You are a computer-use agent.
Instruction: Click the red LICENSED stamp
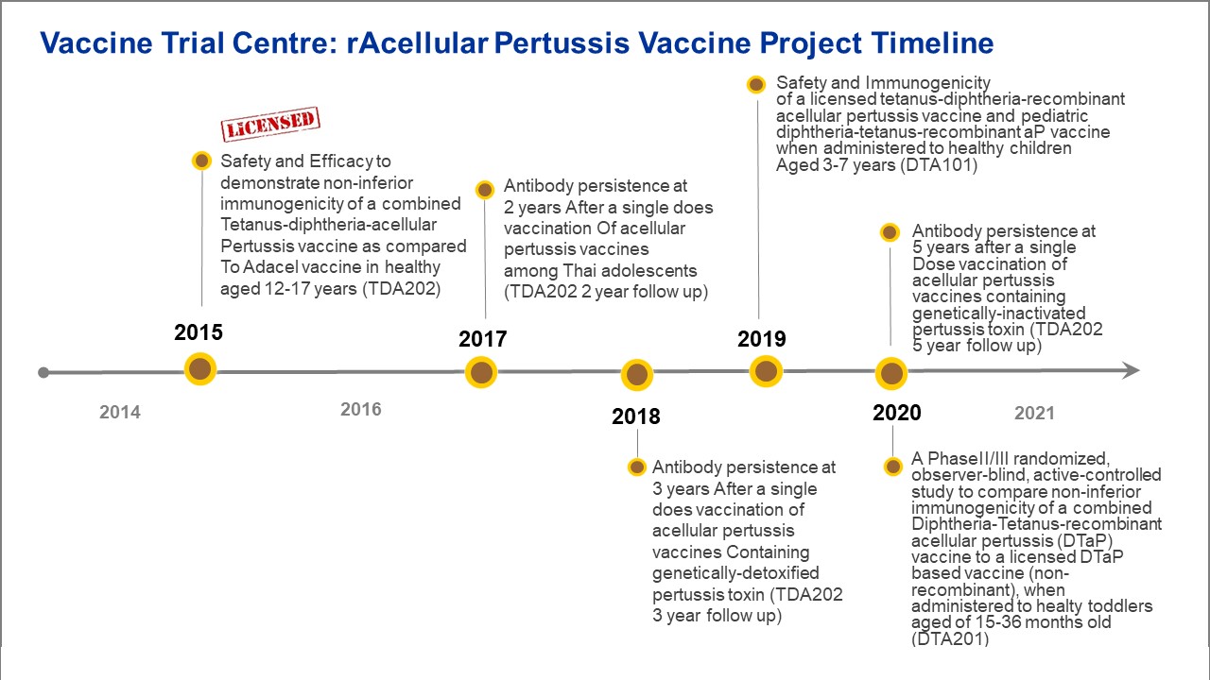pos(270,124)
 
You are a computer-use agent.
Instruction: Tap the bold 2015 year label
pos(199,332)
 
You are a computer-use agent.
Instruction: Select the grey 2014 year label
pos(120,413)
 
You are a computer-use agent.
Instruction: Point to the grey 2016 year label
pos(361,410)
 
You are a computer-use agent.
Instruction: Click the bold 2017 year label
pos(483,339)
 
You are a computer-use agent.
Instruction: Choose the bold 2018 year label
pos(636,416)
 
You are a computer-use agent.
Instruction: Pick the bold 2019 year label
pos(762,339)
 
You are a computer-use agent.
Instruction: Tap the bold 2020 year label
pos(897,413)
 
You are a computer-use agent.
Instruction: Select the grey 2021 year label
pos(1034,414)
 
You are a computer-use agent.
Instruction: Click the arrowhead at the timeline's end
pos(1132,370)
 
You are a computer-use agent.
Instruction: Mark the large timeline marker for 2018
pos(637,375)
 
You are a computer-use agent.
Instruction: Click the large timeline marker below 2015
pos(200,369)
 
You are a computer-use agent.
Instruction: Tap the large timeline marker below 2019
pos(766,371)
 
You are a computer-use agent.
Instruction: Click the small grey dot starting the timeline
pos(43,372)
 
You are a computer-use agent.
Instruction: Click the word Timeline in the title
pos(932,43)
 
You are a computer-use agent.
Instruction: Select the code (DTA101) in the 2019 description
pos(940,165)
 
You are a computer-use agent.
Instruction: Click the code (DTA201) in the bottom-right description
pos(950,639)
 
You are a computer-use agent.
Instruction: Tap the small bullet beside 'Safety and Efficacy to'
pos(202,161)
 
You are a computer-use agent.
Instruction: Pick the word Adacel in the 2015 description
pos(270,267)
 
